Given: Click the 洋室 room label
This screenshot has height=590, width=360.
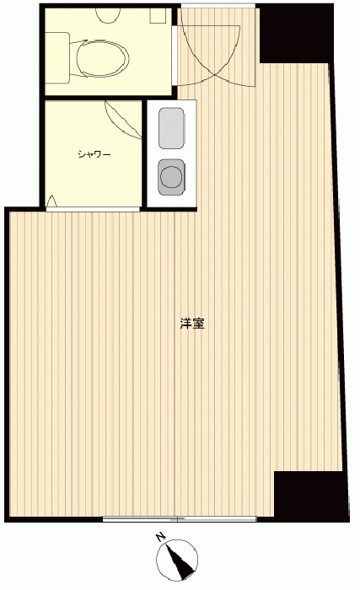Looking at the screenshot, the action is tap(192, 324).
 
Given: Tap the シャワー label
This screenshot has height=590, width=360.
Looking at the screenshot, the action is tap(94, 154).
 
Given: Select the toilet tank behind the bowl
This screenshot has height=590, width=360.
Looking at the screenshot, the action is tap(57, 58).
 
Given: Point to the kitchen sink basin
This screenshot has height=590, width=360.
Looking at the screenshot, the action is tap(171, 128).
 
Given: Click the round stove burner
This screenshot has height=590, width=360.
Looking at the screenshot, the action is tap(171, 177).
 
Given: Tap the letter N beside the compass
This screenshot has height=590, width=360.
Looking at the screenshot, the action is tap(161, 537).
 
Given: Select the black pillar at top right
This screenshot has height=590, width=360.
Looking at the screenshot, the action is tap(297, 34).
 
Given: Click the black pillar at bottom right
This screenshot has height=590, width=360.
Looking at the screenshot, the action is tap(311, 496).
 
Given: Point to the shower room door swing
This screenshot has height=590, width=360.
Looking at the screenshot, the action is tap(123, 120).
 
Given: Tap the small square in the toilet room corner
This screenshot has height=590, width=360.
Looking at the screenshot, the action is tap(159, 16).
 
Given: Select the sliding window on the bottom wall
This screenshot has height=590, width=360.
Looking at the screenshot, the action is tap(180, 519).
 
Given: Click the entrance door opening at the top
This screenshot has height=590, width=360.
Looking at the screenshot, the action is tap(218, 6).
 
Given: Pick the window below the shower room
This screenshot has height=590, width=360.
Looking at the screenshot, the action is tap(93, 209).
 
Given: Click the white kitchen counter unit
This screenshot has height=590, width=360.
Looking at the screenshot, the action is tap(172, 153).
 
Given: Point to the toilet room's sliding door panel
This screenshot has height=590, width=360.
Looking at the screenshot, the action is tap(175, 56).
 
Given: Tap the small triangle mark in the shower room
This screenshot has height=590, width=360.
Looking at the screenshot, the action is tap(51, 201).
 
